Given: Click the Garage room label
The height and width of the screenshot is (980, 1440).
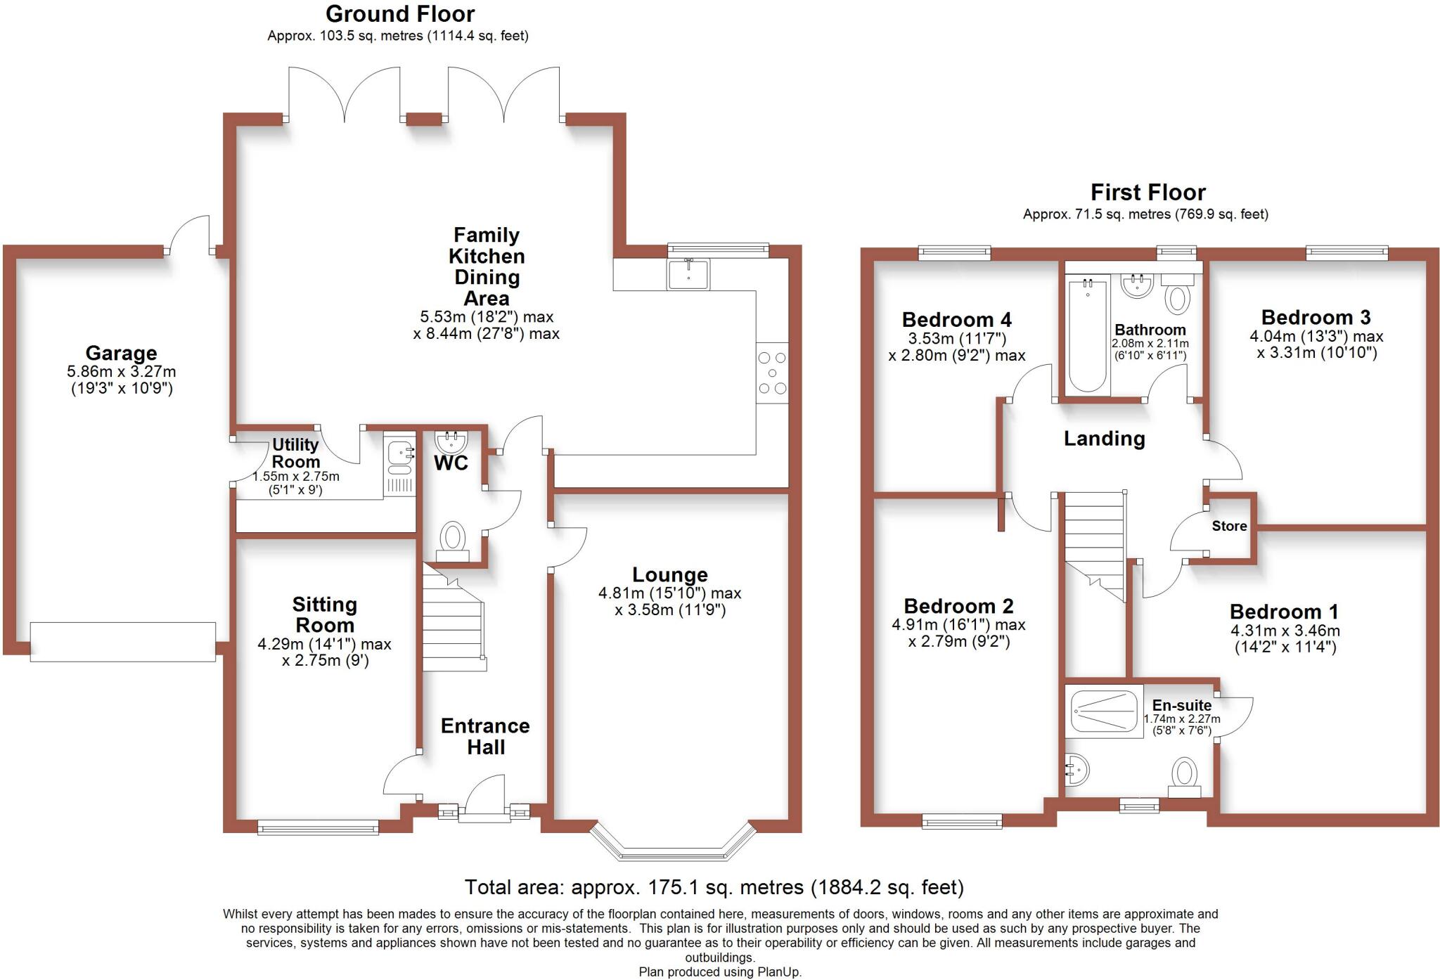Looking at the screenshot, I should coord(121,353).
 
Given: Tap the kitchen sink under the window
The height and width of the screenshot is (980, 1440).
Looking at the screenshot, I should coord(688,274).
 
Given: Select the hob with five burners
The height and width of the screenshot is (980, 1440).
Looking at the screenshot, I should coord(772,373).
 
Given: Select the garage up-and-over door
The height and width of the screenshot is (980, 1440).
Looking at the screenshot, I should coord(122,641).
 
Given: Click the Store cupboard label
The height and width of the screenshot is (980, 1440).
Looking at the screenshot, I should coord(1229,526).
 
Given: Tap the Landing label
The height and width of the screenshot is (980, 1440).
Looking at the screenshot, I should coord(1104,439).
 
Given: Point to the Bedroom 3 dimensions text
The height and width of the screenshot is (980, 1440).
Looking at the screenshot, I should coord(1316,344).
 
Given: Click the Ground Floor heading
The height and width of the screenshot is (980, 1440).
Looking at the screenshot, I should coord(400,13).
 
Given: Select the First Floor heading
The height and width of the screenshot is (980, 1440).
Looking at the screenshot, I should coord(1147,192).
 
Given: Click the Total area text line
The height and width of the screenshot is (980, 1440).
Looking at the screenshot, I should coord(714,887).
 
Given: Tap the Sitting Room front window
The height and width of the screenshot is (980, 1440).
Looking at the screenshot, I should coord(318,829).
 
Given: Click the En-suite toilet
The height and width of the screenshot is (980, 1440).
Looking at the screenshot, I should coord(1185,777).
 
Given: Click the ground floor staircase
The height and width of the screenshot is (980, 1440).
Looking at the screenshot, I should coord(453,626).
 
